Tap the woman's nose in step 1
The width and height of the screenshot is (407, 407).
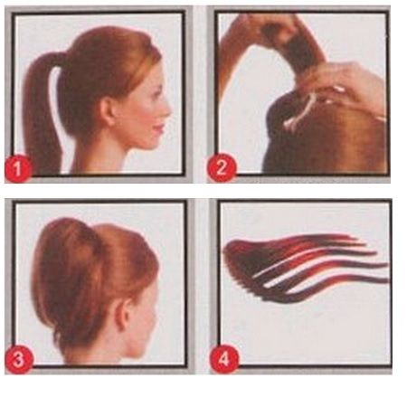click(x=169, y=107)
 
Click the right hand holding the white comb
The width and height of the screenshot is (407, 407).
click(x=348, y=86)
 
